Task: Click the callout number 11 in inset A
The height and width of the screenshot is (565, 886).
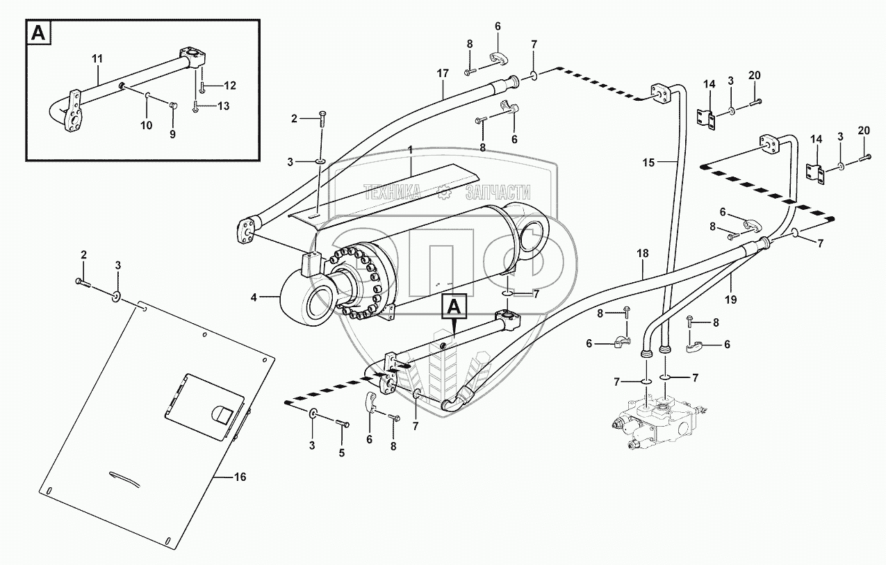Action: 97,59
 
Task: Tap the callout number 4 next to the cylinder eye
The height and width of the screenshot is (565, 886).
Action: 254,297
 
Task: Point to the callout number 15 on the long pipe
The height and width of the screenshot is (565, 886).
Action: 648,163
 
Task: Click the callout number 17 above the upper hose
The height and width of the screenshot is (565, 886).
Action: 443,73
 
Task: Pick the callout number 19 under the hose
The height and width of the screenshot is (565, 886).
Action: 731,300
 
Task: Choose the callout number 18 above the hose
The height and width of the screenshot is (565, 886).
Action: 643,253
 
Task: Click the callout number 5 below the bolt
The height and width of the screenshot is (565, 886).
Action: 342,452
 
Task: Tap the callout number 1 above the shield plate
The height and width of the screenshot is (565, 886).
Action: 410,150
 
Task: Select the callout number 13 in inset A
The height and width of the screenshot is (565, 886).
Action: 224,106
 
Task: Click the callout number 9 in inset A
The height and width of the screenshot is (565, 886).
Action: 172,134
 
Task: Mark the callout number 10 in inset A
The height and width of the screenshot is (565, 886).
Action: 147,125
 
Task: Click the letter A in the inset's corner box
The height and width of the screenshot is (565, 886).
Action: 38,33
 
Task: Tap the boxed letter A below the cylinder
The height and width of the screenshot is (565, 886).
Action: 455,306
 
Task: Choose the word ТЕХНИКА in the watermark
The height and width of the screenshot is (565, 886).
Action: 392,193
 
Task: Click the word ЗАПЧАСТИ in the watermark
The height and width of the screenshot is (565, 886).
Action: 498,193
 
